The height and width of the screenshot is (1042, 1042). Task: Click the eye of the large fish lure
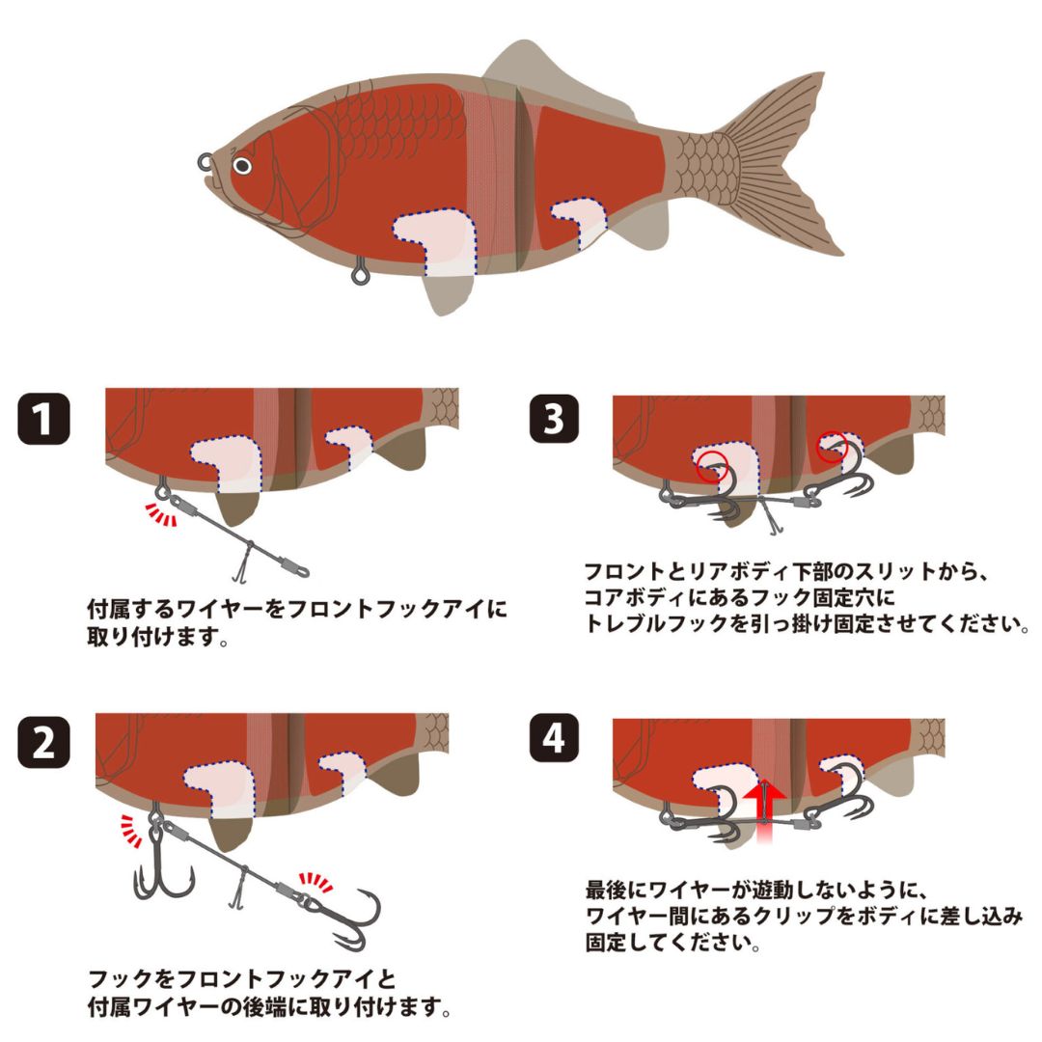tap(242, 166)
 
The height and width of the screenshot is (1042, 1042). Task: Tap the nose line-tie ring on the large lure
tap(206, 160)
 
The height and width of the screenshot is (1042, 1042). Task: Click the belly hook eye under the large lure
tap(361, 274)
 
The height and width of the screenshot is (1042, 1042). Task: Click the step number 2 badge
tap(44, 745)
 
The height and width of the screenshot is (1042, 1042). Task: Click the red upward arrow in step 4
tap(762, 796)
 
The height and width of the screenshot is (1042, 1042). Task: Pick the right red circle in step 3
tap(832, 447)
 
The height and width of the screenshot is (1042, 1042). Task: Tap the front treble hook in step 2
tap(161, 873)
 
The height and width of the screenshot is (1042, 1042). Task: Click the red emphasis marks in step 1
tap(161, 516)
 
